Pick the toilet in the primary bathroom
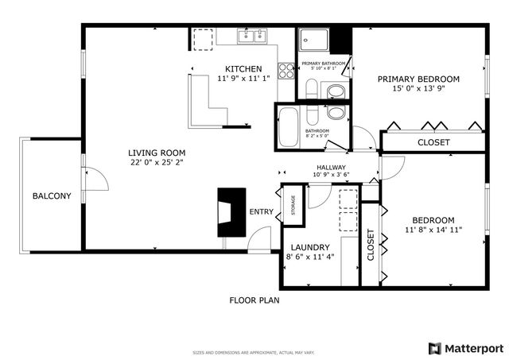tap(335, 91)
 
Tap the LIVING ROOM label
tap(157, 153)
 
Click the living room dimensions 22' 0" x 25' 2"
tap(157, 164)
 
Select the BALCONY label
tap(52, 196)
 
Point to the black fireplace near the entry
tap(232, 211)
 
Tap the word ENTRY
tap(261, 212)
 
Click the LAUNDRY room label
tap(305, 247)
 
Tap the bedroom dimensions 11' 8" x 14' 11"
tap(433, 230)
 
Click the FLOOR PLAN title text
tap(254, 300)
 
